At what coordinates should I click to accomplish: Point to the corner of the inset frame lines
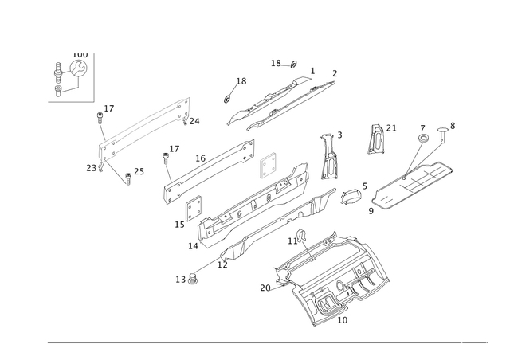point(49,101)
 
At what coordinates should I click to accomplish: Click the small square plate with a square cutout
point(269,166)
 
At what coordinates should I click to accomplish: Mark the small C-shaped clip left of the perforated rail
point(190,209)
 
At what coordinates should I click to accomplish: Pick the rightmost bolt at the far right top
point(443,135)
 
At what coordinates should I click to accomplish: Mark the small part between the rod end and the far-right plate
point(351,196)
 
